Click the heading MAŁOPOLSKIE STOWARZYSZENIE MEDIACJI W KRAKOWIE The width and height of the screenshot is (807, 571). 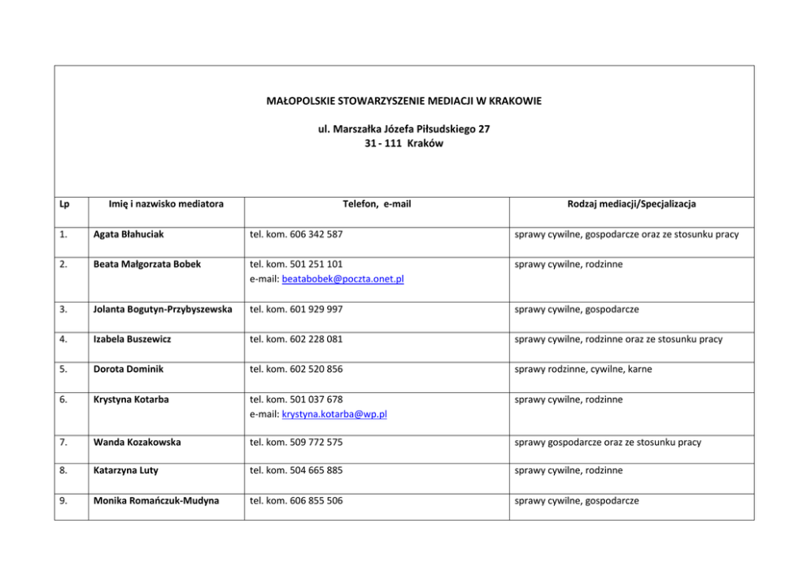(403, 101)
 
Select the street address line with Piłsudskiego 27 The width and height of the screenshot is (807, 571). (403, 129)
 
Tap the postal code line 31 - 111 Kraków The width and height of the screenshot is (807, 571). (403, 142)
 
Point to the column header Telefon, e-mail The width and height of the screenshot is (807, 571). (376, 204)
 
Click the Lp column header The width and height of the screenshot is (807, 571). (65, 204)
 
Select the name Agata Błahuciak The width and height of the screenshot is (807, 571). (129, 234)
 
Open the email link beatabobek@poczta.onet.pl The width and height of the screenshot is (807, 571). (343, 279)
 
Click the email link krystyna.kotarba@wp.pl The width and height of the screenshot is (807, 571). (334, 414)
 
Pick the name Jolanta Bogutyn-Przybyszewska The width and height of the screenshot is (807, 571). (163, 309)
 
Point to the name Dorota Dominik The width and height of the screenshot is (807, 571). (129, 369)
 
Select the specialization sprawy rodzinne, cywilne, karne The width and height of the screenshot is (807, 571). (582, 369)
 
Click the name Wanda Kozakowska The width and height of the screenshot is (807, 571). (137, 442)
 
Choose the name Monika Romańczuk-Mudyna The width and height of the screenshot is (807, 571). (156, 501)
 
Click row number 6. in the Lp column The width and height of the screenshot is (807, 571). (63, 399)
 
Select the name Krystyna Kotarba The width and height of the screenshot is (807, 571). (133, 399)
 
